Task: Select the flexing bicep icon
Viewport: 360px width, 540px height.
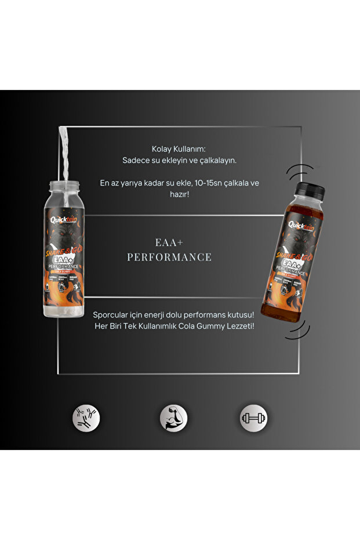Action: pos(172,417)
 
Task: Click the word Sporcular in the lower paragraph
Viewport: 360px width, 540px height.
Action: pos(111,314)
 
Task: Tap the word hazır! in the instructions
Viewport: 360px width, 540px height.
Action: pos(180,195)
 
